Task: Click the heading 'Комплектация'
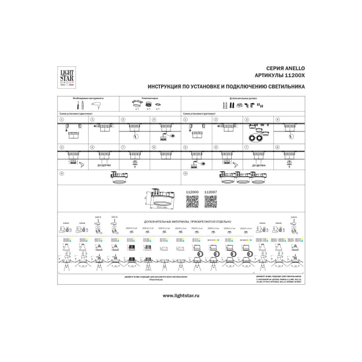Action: coord(150,98)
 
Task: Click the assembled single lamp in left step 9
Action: coord(119,177)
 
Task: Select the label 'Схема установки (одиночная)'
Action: coord(75,113)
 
